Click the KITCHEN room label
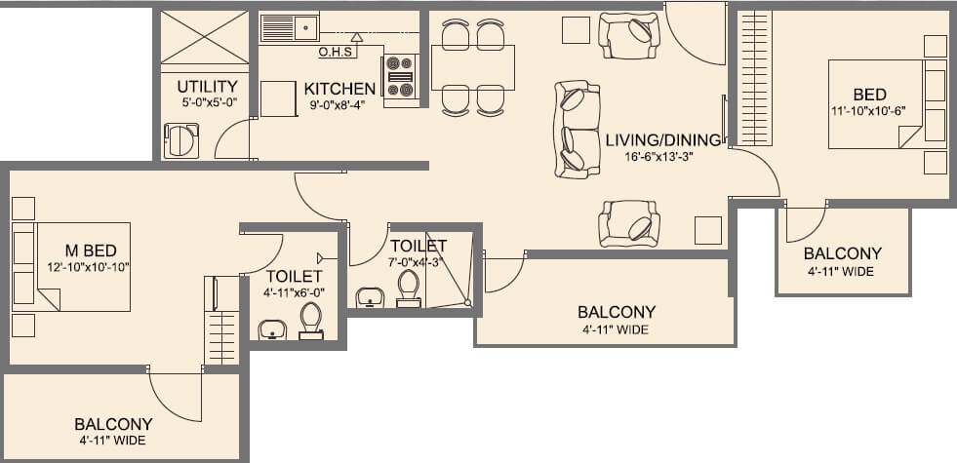[339, 88]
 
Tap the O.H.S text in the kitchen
[335, 52]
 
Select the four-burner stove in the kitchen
[401, 76]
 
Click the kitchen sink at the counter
[291, 27]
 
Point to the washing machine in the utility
[181, 140]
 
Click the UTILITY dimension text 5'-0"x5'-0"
[207, 102]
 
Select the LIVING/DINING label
[662, 139]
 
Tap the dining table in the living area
[473, 67]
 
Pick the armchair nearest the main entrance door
[629, 35]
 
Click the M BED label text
[83, 251]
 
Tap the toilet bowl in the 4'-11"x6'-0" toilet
[310, 320]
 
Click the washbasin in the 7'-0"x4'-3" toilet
[370, 295]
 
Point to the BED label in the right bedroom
[869, 95]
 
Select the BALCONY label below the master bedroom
[113, 424]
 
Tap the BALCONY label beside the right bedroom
[842, 253]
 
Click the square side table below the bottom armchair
[707, 230]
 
